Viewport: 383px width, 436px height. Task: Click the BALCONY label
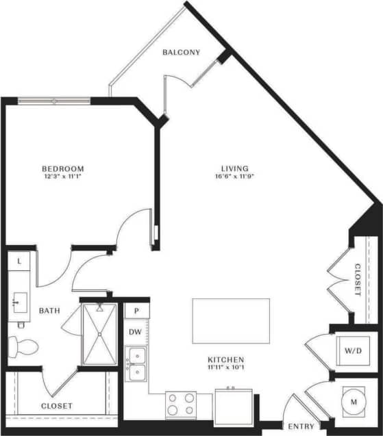coord(181,53)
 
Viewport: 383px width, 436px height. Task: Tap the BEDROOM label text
coord(62,169)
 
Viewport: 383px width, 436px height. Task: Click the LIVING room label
coord(234,169)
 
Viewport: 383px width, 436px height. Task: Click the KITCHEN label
coord(227,360)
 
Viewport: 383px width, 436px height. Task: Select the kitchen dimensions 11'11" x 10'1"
coord(227,369)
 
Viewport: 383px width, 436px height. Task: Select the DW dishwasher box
coord(136,332)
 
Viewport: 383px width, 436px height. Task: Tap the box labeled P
coord(136,310)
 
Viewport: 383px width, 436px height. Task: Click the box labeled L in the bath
coord(18,261)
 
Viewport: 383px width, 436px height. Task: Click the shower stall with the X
coord(101,334)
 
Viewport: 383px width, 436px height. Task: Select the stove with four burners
coord(181,404)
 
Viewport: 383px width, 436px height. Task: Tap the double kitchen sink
coord(136,364)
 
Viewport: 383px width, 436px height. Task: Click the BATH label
coord(49,311)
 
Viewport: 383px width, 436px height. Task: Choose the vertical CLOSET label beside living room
coord(358,280)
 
